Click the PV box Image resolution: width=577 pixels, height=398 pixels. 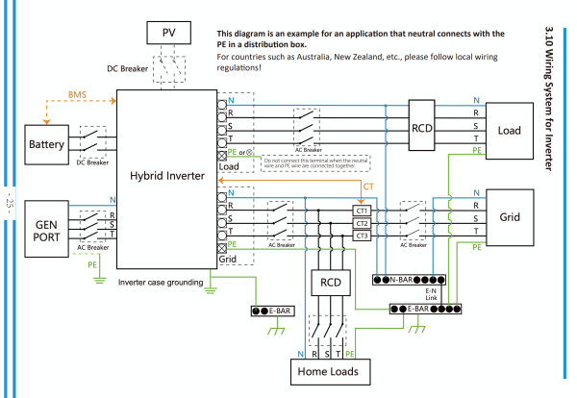pos(168,33)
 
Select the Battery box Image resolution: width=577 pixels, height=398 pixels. pos(47,144)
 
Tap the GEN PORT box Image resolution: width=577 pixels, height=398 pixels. pos(47,229)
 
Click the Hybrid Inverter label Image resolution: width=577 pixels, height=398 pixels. pos(167,176)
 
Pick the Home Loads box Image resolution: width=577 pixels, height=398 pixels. pos(331,372)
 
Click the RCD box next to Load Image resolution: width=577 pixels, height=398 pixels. pos(422,125)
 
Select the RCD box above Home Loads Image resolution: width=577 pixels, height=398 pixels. pos(331,283)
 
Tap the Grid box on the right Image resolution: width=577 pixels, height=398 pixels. pos(510,217)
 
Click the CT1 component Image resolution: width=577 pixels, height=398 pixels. pos(362,211)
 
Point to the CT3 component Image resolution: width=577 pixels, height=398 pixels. pos(362,236)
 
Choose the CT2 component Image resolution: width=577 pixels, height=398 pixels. pos(362,223)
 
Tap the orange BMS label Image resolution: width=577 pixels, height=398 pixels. pos(77,94)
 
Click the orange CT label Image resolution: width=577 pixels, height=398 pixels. pos(368,187)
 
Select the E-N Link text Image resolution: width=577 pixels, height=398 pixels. pos(431,294)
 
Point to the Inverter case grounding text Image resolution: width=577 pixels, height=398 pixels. pos(161,283)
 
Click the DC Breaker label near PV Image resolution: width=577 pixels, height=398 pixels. pos(127,69)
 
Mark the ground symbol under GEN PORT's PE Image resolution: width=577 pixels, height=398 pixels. pos(99,281)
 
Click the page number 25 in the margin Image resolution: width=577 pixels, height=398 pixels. pos(10,203)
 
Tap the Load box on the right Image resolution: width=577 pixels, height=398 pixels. pos(510,131)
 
